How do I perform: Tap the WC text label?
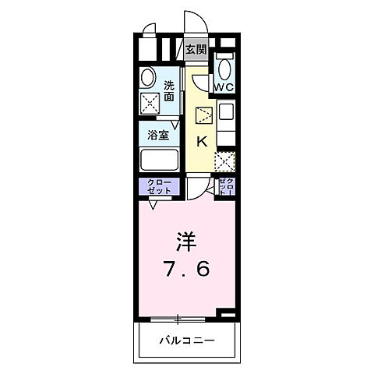point(224,86)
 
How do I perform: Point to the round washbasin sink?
point(147,76)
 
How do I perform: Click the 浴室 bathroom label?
point(158,134)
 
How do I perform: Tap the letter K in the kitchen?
point(201,142)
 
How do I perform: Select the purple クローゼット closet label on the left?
point(159,186)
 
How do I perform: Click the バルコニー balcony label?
point(186,340)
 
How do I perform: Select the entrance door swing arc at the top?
point(192,22)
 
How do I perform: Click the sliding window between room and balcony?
point(179,318)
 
